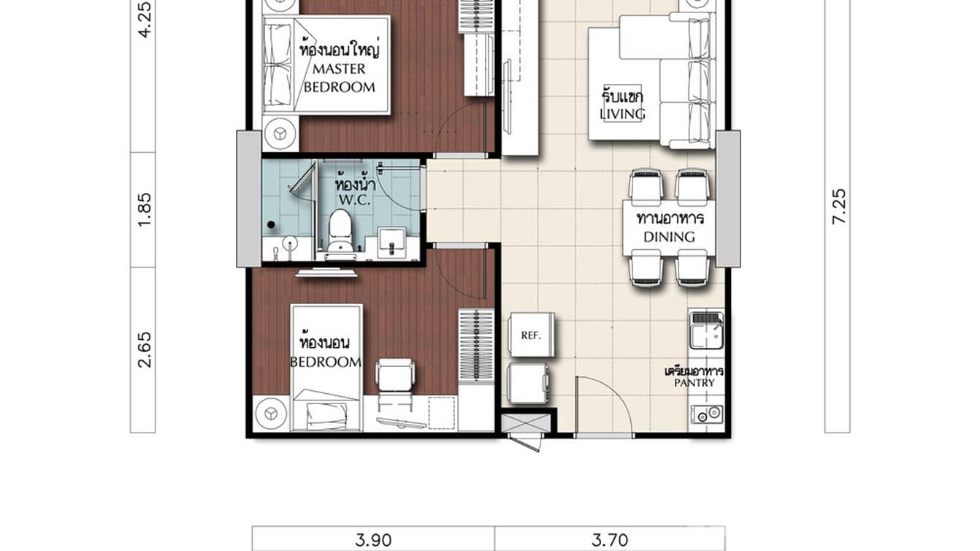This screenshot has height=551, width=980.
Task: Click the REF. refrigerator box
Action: pyautogui.click(x=531, y=335)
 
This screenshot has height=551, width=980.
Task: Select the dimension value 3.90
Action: pyautogui.click(x=373, y=540)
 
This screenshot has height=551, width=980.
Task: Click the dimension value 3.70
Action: pyautogui.click(x=609, y=540)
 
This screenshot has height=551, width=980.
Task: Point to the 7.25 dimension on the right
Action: pyautogui.click(x=838, y=206)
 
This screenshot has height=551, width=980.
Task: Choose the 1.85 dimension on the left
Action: pyautogui.click(x=144, y=209)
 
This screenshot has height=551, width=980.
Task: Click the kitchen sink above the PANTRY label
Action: pyautogui.click(x=705, y=330)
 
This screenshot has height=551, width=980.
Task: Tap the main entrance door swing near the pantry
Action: pyautogui.click(x=602, y=406)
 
